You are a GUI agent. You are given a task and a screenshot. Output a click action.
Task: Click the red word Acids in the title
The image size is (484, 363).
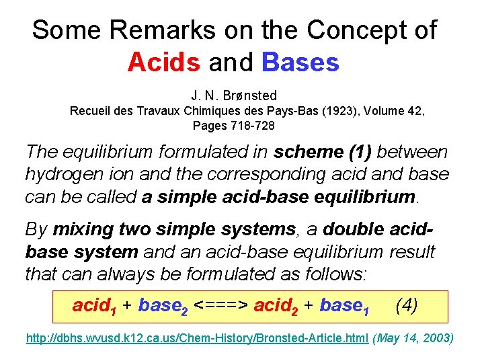pyautogui.click(x=164, y=63)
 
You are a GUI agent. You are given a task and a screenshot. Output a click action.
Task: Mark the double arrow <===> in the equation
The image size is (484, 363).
pyautogui.click(x=222, y=306)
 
